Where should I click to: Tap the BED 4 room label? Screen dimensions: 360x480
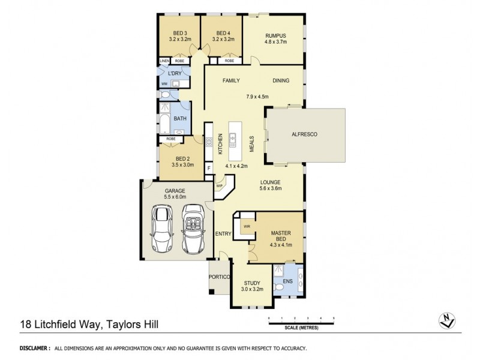tap(222, 33)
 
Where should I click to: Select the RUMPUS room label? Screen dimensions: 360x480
tap(276, 35)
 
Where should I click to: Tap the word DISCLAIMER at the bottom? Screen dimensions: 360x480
tap(34, 348)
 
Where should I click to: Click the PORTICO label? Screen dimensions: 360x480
tap(218, 277)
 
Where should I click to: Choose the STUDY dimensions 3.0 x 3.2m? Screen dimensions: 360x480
tap(252, 289)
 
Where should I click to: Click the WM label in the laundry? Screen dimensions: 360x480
tap(163, 83)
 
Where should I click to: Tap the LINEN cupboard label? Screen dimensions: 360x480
tap(164, 61)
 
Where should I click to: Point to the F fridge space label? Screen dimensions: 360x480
tap(209, 168)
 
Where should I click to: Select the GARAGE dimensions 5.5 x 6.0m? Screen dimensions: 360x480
tap(176, 196)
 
